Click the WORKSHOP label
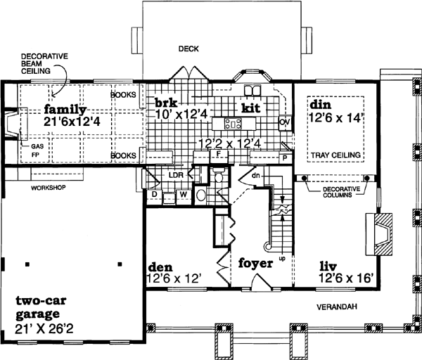point(48,188)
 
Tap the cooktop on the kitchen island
point(233,124)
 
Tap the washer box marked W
point(182,193)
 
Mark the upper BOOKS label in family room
point(123,93)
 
